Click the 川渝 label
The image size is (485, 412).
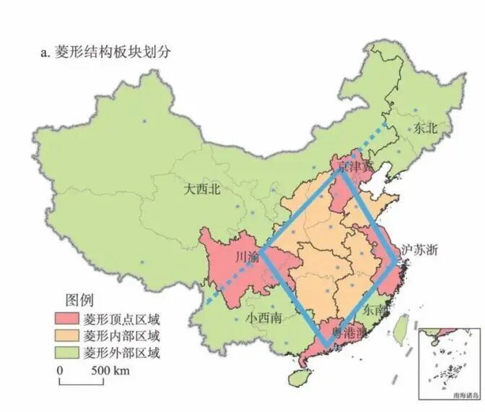(248, 258)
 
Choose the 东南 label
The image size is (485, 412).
(377, 309)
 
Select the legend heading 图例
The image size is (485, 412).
(79, 299)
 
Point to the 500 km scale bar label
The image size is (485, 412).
(110, 372)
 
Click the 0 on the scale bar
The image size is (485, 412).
(61, 372)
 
